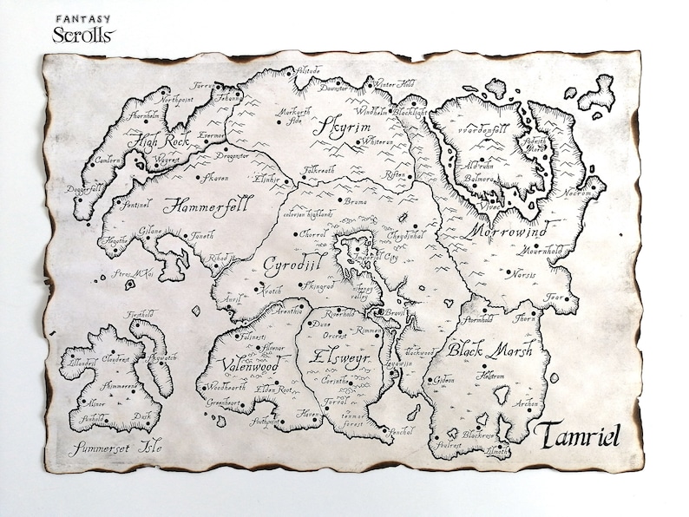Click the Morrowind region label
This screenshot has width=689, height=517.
(513, 232)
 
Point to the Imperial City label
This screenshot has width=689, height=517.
(376, 258)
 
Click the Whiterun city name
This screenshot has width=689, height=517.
(379, 141)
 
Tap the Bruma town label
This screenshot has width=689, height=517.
(356, 201)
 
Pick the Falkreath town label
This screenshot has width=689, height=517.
(321, 172)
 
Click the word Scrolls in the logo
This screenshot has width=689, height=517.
(83, 35)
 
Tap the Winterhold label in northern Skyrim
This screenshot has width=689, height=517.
(397, 84)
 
